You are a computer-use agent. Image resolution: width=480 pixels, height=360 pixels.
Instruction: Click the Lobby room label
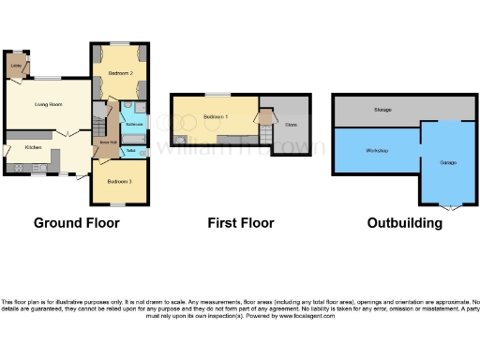[16, 66]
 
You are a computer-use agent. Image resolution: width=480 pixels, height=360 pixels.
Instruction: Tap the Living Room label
[49, 104]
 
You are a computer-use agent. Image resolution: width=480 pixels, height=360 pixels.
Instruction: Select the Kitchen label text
[34, 148]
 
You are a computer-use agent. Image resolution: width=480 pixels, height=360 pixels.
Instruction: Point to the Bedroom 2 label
[119, 72]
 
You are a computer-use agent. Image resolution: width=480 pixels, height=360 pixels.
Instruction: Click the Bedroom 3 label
[119, 180]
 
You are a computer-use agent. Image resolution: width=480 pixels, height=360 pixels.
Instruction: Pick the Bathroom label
[134, 124]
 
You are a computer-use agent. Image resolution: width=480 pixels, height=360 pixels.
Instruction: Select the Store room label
[291, 124]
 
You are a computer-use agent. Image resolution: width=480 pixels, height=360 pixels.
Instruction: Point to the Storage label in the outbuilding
[382, 110]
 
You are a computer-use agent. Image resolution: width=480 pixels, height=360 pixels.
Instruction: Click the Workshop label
[378, 150]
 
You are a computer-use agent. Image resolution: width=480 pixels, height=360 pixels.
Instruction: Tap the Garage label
[448, 162]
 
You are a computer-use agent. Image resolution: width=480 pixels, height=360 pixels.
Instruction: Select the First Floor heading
[241, 223]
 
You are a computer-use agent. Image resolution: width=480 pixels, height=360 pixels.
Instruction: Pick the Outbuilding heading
[405, 223]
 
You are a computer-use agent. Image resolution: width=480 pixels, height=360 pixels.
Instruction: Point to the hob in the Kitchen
[19, 168]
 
